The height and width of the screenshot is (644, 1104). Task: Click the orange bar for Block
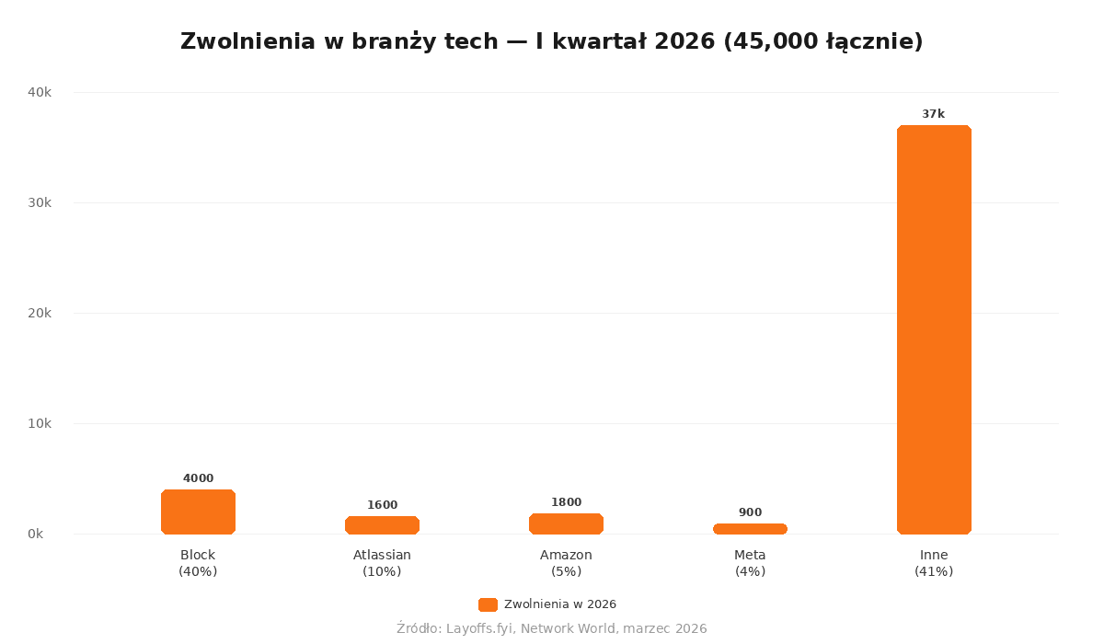point(198,512)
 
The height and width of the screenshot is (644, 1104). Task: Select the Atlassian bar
point(382,525)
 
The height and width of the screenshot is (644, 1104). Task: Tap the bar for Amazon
point(566,523)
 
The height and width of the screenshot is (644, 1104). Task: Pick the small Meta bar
point(750,529)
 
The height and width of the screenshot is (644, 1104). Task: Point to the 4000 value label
point(198,478)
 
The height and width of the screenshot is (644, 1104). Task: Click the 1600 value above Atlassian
point(382,505)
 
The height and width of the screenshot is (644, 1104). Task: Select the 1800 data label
point(566,502)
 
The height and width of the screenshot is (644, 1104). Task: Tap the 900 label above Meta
point(750,512)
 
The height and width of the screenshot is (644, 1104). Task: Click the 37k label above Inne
point(933,114)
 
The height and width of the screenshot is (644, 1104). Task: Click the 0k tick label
point(36,534)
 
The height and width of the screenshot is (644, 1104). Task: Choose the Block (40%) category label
point(198,563)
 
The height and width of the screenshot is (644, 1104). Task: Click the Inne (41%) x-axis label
point(934,563)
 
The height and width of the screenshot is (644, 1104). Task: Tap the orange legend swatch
point(488,604)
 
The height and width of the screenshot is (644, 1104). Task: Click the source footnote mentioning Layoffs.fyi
point(551,628)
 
